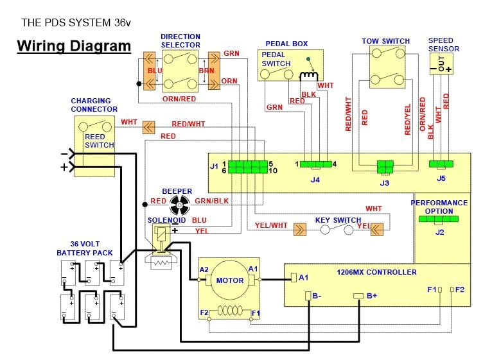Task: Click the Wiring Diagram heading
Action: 73,46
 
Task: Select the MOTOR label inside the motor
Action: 229,280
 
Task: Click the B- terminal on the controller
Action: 308,296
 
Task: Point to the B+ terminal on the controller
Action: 358,296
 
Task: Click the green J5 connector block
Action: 441,164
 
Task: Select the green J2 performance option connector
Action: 439,219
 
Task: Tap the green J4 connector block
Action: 314,164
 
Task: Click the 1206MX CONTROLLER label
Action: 376,272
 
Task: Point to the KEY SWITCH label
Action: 338,220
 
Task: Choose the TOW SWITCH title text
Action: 385,41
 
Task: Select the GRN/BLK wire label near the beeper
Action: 211,201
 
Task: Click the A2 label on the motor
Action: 204,269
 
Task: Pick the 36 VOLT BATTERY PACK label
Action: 84,248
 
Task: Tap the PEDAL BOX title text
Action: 286,44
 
